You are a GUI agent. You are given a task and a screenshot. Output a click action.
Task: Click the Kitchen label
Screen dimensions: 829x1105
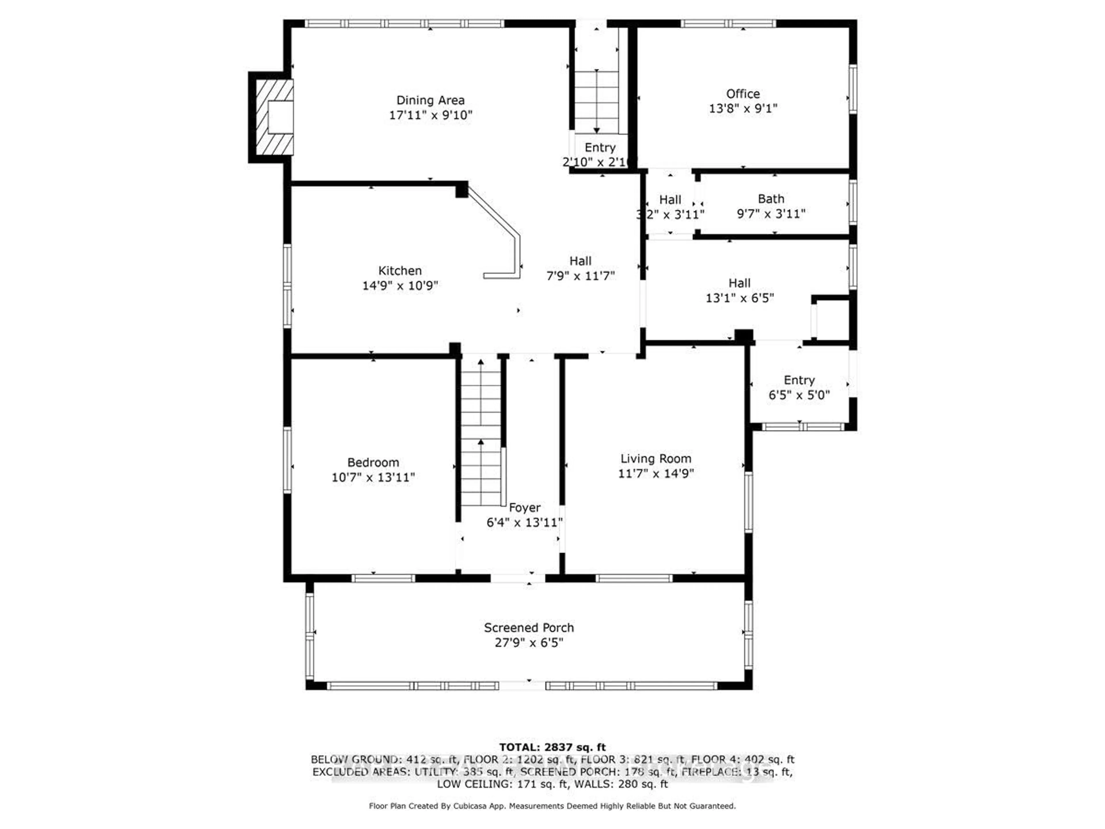tap(400, 271)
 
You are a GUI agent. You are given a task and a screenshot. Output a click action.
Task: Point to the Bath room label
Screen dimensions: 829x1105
tap(771, 199)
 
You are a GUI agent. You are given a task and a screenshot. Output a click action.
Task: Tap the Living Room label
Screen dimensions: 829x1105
tap(656, 459)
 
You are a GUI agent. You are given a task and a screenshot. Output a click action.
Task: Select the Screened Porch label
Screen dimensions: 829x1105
tap(529, 628)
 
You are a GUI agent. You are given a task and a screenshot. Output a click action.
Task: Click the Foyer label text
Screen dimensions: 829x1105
tap(525, 508)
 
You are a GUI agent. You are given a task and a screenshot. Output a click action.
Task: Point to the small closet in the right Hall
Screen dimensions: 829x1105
tap(832, 320)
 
